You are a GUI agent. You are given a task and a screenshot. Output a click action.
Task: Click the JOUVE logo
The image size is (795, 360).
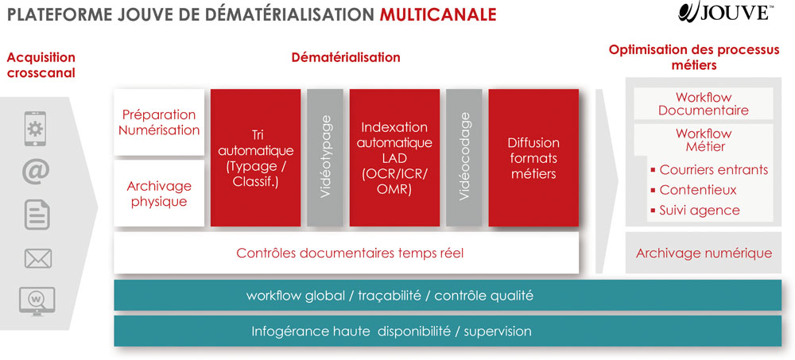[x=726, y=12]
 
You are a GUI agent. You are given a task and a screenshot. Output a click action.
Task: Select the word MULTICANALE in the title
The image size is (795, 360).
[x=438, y=15]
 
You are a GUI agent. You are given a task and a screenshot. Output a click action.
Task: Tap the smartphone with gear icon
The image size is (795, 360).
[x=35, y=129]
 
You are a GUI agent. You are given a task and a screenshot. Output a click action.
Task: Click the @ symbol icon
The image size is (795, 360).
[x=36, y=172]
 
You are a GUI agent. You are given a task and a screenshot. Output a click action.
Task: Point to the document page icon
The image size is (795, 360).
[x=37, y=215]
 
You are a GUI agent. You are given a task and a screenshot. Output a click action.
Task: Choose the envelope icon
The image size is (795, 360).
[x=38, y=258]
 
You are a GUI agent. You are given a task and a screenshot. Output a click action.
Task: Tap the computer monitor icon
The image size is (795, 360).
[x=37, y=301]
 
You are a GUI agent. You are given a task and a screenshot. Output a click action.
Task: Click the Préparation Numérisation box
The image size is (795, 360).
[x=159, y=122]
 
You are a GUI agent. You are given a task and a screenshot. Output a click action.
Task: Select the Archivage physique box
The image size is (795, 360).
[x=159, y=193]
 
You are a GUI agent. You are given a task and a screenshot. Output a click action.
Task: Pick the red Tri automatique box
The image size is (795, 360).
[x=255, y=157]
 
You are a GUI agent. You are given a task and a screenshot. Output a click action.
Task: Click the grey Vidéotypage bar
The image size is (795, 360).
[x=325, y=157]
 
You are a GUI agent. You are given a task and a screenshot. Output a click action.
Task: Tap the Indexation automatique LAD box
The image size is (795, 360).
[x=394, y=157]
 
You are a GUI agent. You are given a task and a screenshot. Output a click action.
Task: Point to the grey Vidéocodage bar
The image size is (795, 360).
[x=464, y=157]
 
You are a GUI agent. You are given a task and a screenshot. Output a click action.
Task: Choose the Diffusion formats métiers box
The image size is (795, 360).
[x=534, y=157]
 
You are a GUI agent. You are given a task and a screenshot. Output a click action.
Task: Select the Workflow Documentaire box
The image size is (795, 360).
[x=704, y=103]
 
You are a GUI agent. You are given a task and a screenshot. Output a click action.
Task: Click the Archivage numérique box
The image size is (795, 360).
[x=704, y=253]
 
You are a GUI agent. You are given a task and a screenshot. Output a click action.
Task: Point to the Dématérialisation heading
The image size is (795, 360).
[x=346, y=57]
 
